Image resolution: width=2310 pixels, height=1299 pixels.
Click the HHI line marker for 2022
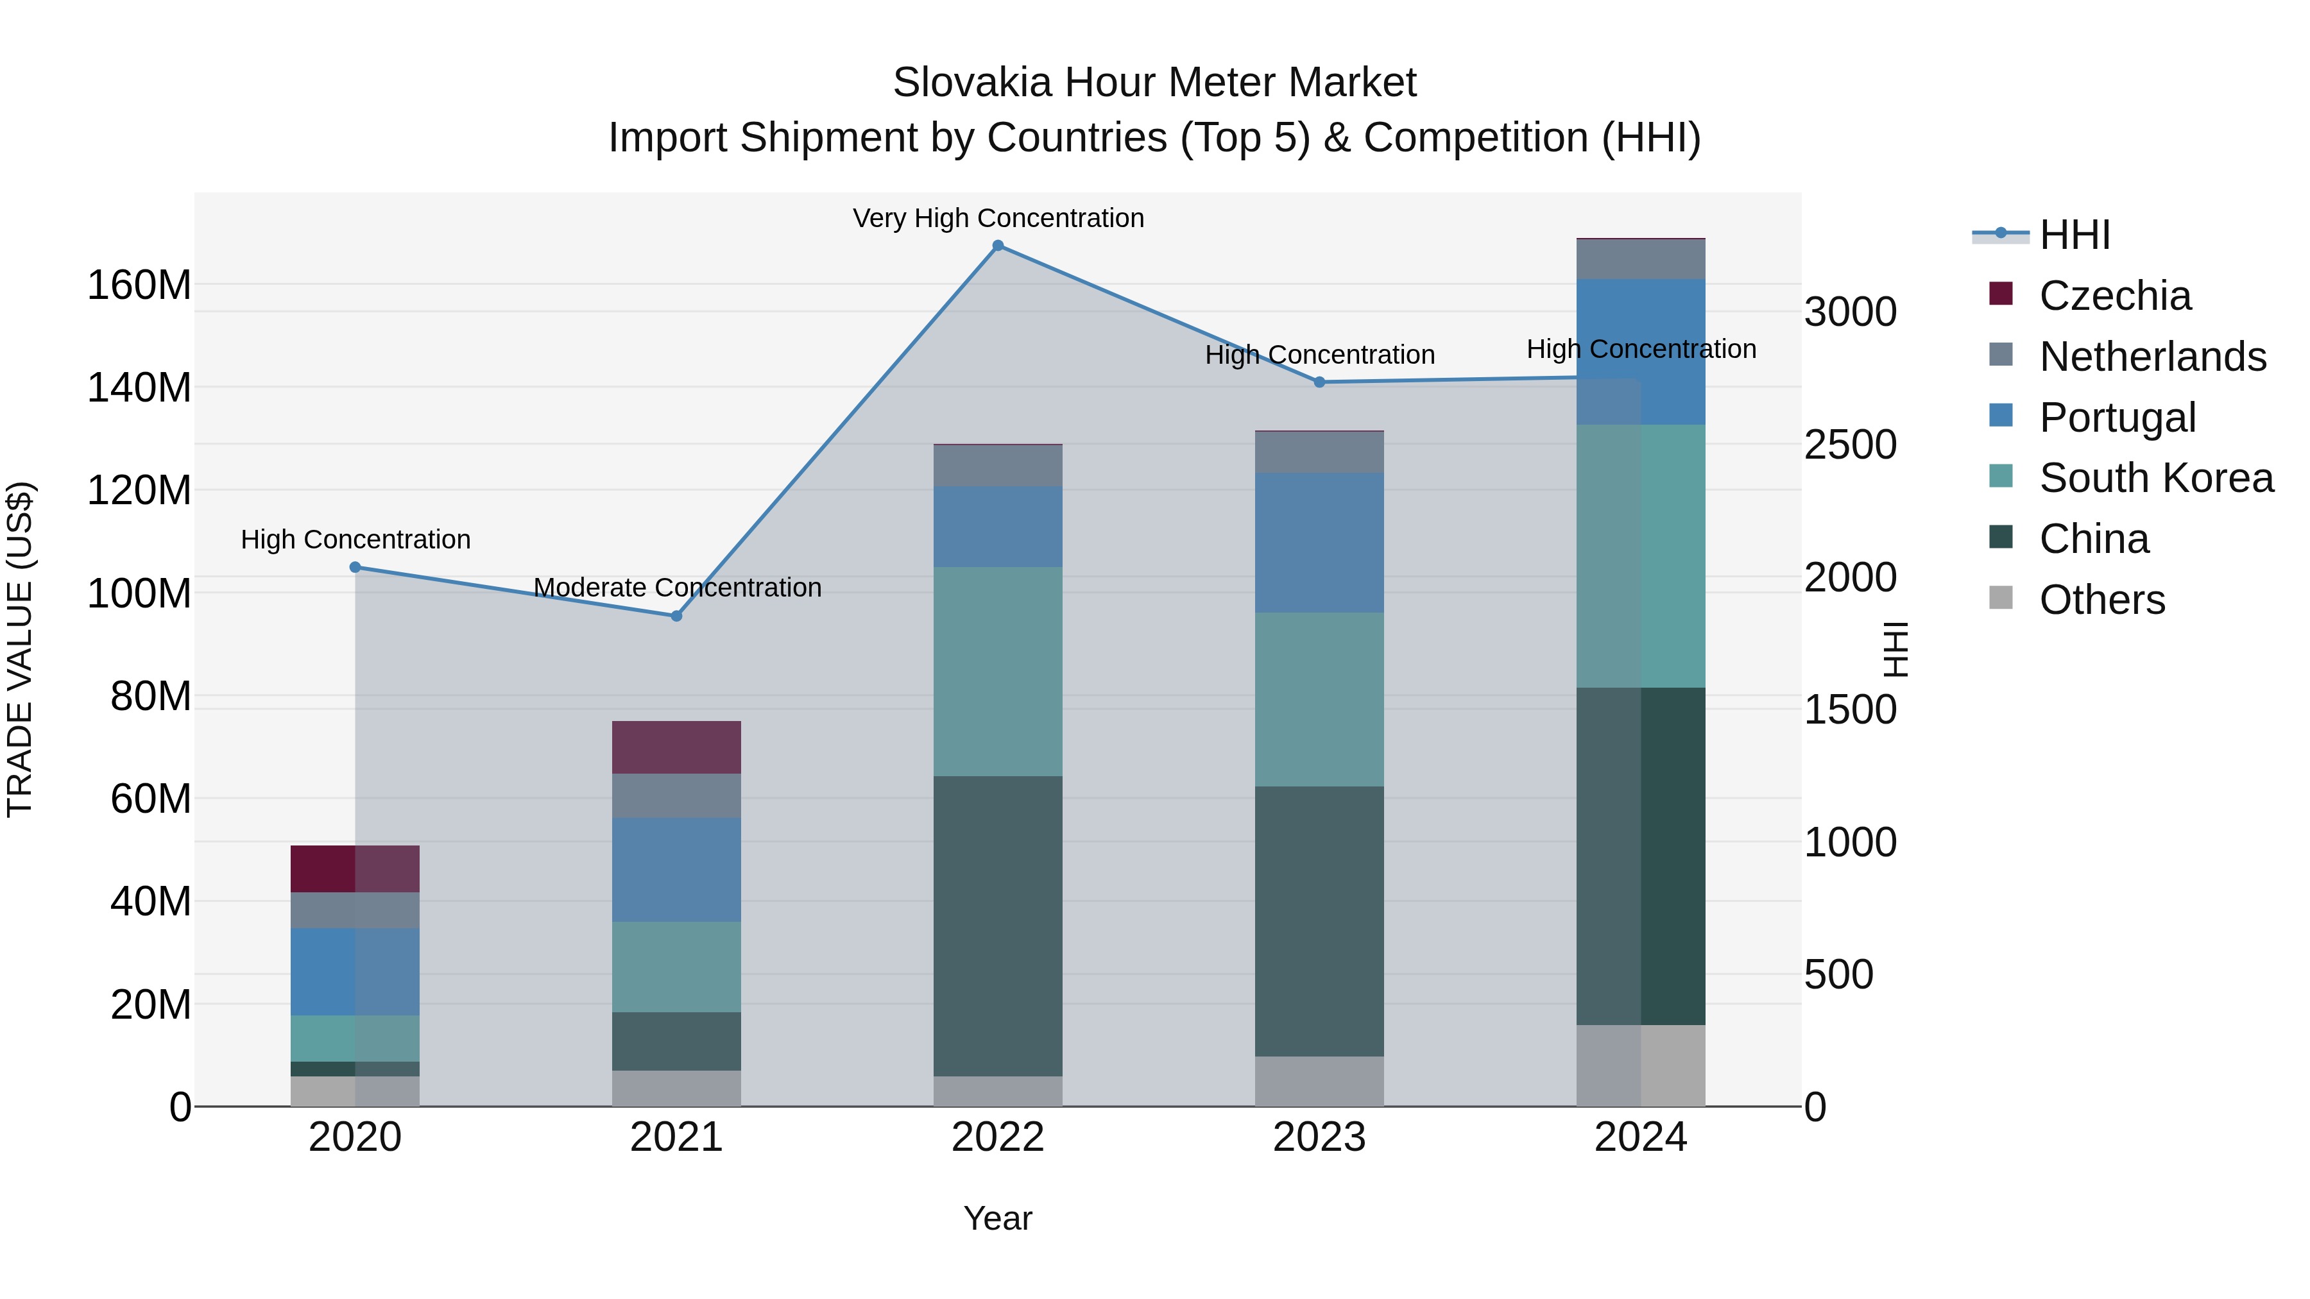click(998, 246)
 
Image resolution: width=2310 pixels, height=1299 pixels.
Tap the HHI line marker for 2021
click(677, 616)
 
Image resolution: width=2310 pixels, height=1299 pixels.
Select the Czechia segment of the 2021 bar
click(677, 747)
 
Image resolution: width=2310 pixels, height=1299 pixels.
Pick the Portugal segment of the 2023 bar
click(1319, 542)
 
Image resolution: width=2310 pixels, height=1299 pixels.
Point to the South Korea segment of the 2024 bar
click(1641, 556)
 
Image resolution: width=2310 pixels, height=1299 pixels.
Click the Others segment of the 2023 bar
click(1319, 1080)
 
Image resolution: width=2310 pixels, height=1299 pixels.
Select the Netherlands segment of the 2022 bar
click(998, 465)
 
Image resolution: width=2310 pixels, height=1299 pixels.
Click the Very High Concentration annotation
click(998, 218)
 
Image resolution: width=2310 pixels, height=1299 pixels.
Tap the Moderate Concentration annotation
click(677, 587)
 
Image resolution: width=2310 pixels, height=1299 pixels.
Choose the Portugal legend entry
click(2116, 418)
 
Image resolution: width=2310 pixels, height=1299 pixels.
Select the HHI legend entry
click(2073, 235)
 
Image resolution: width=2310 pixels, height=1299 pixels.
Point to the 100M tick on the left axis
click(139, 593)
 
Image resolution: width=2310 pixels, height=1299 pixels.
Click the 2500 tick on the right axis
click(1849, 445)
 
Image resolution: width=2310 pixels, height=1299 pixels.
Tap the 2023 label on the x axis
click(1319, 1137)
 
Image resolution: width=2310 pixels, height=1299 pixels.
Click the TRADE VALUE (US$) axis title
click(20, 649)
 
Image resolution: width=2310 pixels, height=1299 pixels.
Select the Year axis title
click(998, 1218)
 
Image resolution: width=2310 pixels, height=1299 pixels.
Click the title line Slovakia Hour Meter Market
click(1154, 83)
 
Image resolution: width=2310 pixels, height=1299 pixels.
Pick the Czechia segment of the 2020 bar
click(355, 869)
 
